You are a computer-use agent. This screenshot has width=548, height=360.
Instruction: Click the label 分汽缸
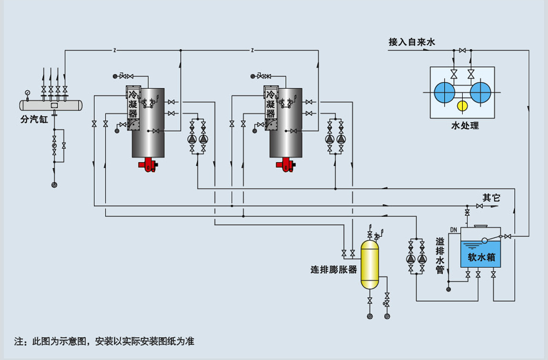pyautogui.click(x=34, y=120)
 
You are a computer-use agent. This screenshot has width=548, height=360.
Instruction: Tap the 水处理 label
pyautogui.click(x=465, y=126)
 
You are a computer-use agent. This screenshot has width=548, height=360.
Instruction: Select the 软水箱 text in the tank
pyautogui.click(x=481, y=257)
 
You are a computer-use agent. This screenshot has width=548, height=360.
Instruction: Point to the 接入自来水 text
pyautogui.click(x=412, y=42)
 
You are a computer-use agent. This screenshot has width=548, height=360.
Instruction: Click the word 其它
pyautogui.click(x=491, y=197)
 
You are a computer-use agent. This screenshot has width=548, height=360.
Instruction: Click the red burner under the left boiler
pyautogui.click(x=148, y=165)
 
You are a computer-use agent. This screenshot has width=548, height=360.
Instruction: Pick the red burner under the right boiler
pyautogui.click(x=285, y=165)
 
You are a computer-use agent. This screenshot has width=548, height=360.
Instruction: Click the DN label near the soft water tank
pyautogui.click(x=453, y=230)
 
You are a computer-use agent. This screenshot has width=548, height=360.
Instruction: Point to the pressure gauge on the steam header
pyautogui.click(x=28, y=92)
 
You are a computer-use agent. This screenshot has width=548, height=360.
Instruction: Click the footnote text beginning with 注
pyautogui.click(x=104, y=341)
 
